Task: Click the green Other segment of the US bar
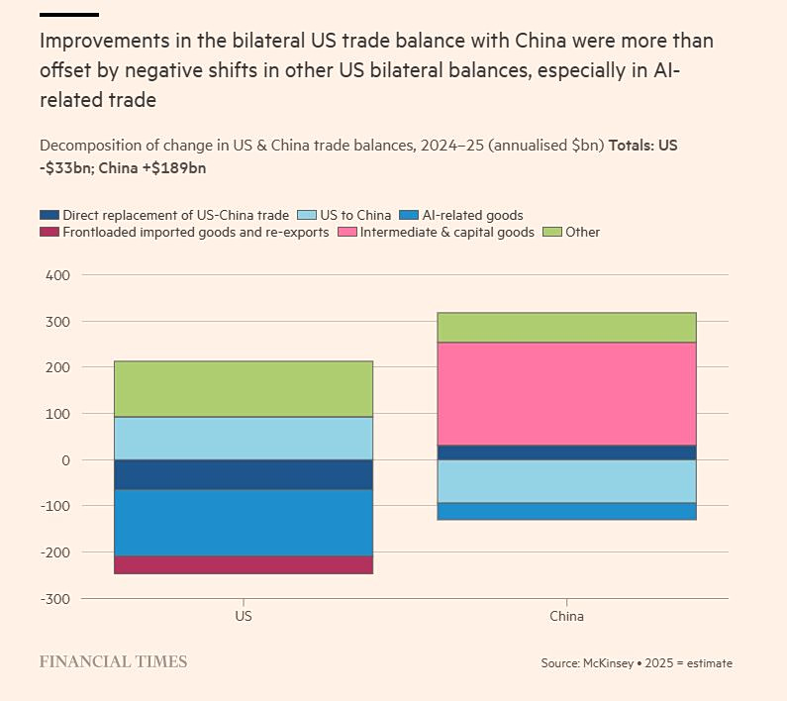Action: [244, 389]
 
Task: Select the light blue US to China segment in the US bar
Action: [244, 439]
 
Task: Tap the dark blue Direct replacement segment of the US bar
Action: [244, 474]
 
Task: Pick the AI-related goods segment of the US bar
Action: [244, 523]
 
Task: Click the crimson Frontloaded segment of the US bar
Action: [244, 564]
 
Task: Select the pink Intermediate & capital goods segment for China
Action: [566, 394]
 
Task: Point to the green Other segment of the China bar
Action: [566, 328]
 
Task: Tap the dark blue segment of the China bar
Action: [566, 452]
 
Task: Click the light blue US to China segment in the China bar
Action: [566, 481]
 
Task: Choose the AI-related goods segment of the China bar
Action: [566, 511]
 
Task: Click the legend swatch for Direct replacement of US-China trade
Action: [49, 215]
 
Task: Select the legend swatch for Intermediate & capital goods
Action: [347, 233]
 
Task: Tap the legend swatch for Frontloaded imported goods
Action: [49, 233]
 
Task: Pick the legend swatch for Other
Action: [552, 233]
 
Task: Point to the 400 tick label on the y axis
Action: [57, 275]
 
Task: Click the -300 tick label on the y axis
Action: [55, 599]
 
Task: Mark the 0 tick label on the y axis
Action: [65, 460]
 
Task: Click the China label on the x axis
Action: [566, 616]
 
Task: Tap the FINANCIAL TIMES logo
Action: [113, 661]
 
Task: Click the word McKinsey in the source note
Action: [607, 663]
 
